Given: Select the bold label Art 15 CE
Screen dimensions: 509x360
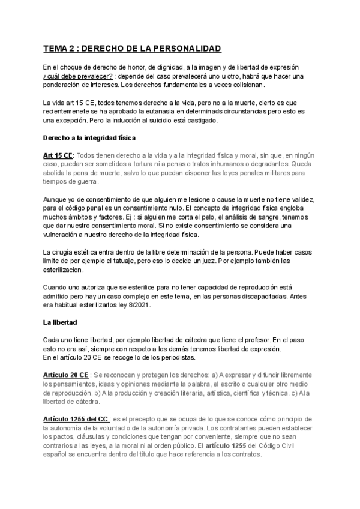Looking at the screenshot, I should coord(58,155).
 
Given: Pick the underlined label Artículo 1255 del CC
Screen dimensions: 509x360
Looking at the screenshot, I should coord(76,418).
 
